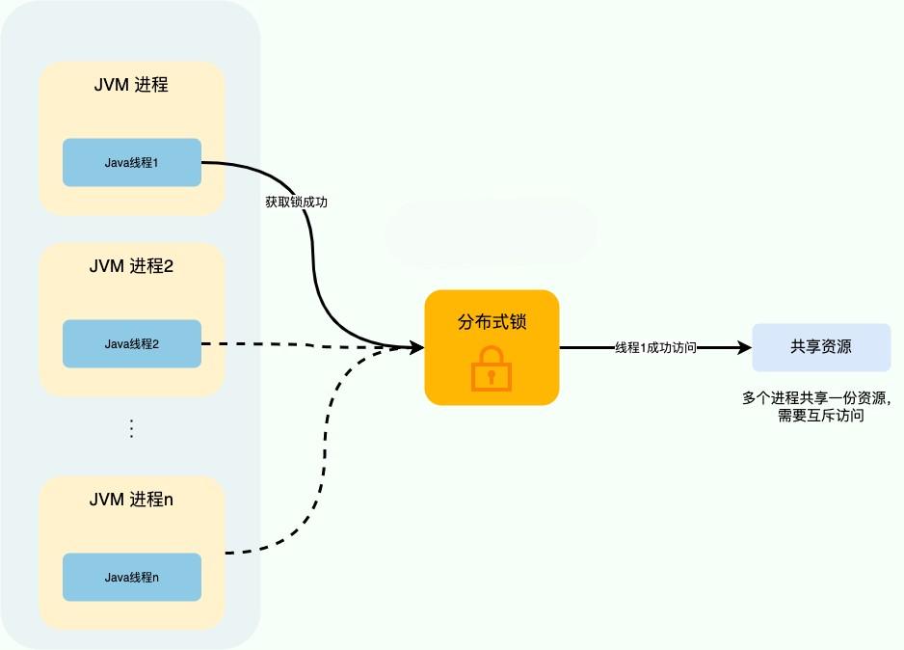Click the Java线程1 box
pyautogui.click(x=132, y=163)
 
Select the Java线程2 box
pyautogui.click(x=132, y=343)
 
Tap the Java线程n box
pyautogui.click(x=132, y=577)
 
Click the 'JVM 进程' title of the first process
pyautogui.click(x=132, y=85)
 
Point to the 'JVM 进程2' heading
pyautogui.click(x=132, y=266)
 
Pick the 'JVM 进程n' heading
pyautogui.click(x=132, y=500)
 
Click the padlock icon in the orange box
pyautogui.click(x=492, y=370)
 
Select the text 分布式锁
pyautogui.click(x=492, y=322)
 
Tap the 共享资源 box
pyautogui.click(x=820, y=347)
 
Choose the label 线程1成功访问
pyautogui.click(x=655, y=348)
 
